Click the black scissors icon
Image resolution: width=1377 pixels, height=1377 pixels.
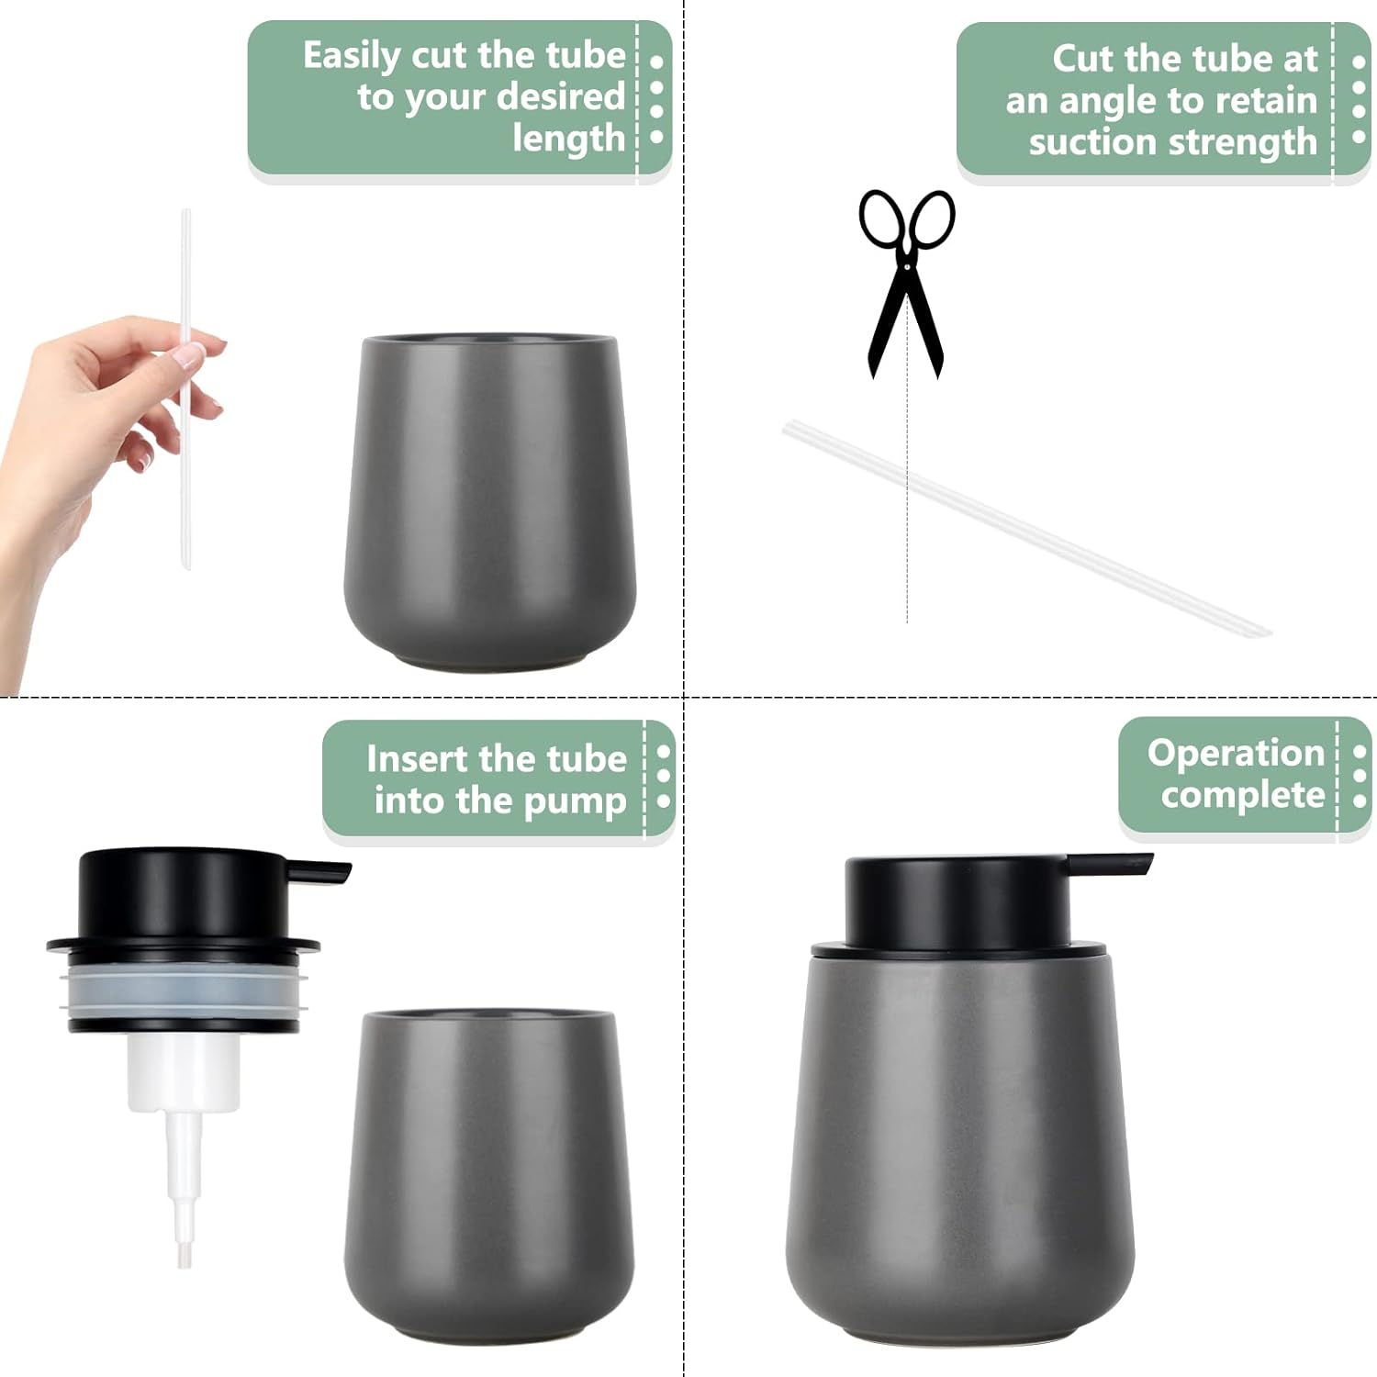pyautogui.click(x=906, y=275)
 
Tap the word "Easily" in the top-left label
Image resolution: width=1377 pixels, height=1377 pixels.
pyautogui.click(x=353, y=57)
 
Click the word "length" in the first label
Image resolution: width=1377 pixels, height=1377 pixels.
pyautogui.click(x=569, y=140)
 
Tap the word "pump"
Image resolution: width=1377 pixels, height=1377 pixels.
pyautogui.click(x=577, y=802)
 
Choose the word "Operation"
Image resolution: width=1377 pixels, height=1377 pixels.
pyautogui.click(x=1236, y=754)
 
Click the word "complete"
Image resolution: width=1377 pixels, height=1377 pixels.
pyautogui.click(x=1243, y=795)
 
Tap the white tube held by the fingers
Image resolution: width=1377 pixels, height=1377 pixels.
pyautogui.click(x=186, y=389)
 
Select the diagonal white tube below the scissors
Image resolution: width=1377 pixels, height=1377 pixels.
pyautogui.click(x=1026, y=527)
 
